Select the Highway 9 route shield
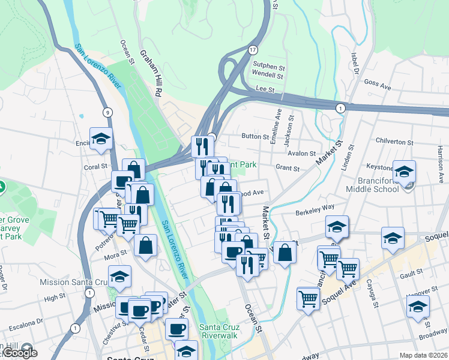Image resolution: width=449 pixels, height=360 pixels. [107, 112]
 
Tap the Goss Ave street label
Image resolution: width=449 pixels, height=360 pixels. [377, 86]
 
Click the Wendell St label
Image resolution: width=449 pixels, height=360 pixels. [267, 76]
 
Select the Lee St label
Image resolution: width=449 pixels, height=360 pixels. [265, 89]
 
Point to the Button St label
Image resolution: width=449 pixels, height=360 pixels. [255, 137]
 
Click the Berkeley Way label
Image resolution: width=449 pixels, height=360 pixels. [315, 210]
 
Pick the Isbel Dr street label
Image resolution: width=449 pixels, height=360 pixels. [355, 62]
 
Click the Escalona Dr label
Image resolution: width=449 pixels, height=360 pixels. [23, 321]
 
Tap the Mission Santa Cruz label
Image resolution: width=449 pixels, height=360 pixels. [74, 282]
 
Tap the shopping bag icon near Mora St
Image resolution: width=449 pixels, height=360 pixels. [146, 244]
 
